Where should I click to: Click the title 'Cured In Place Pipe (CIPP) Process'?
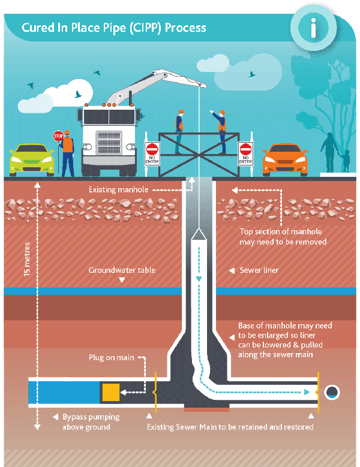114,28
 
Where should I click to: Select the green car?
31,158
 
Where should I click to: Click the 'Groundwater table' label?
122,270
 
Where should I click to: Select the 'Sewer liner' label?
259,270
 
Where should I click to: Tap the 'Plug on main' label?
112,358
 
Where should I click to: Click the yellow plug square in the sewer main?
111,392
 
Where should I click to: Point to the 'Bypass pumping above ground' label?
91,421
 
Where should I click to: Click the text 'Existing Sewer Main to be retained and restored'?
230,427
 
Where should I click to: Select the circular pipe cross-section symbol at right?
332,392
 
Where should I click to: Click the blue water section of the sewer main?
63,392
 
